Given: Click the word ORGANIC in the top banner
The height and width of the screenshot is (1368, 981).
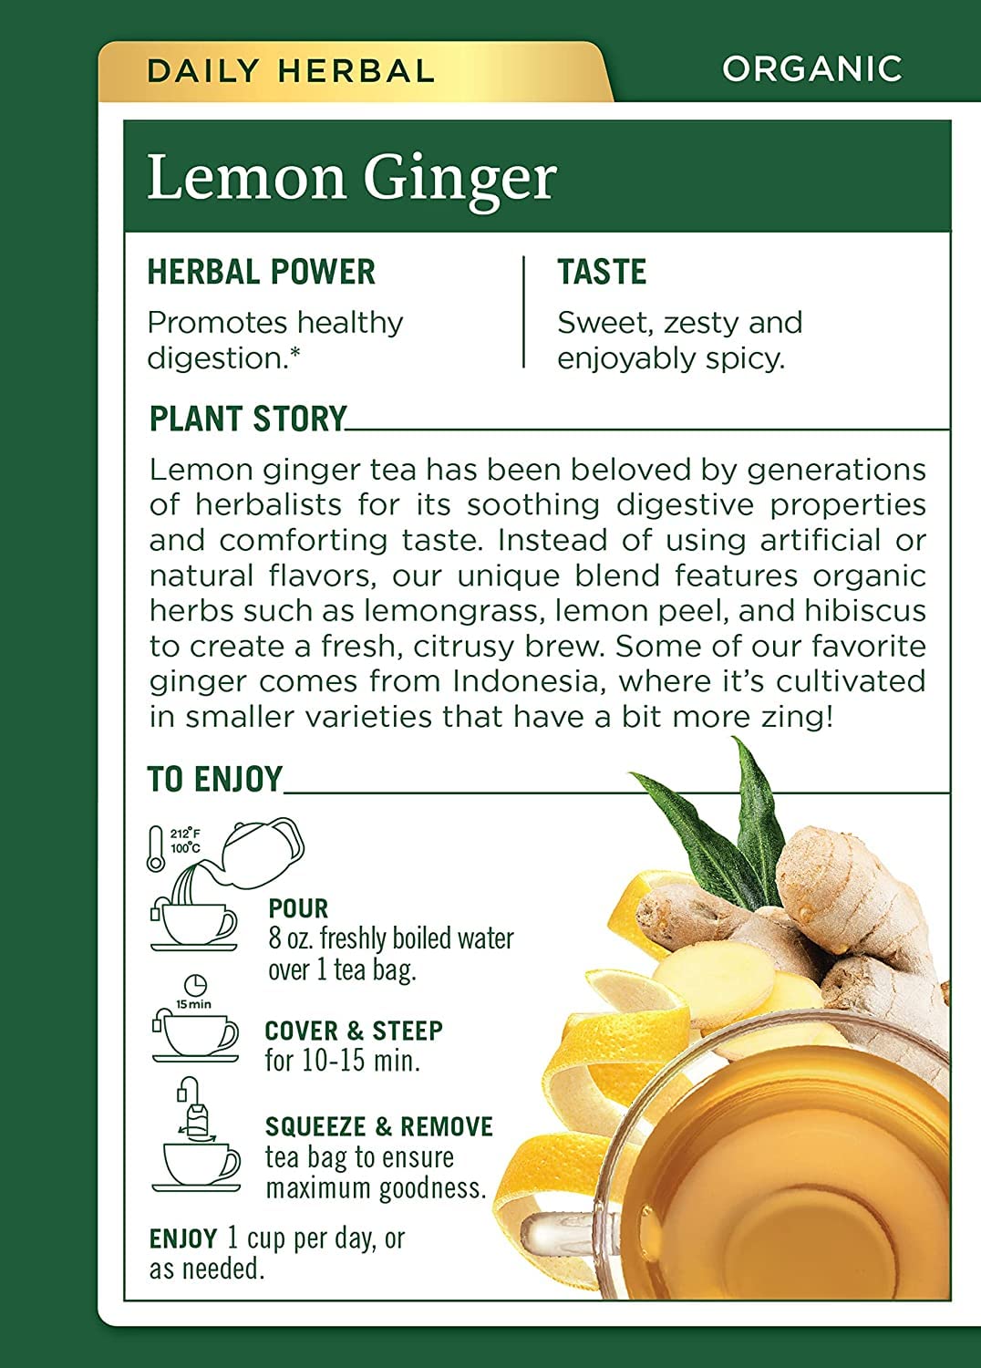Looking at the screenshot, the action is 811,68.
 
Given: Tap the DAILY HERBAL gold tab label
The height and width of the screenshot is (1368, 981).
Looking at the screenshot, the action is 291,71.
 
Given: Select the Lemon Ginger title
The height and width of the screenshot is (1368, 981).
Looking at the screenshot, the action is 352,178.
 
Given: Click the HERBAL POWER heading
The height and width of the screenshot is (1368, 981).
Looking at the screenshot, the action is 262,272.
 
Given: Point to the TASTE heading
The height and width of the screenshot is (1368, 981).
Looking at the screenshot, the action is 602,272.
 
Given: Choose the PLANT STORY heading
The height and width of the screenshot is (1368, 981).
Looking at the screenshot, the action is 248,419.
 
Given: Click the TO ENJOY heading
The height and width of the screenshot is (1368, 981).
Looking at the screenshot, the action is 215,779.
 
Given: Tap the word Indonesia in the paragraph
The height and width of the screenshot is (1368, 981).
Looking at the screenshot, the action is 530,681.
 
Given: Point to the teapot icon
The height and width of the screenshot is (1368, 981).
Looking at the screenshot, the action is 262,853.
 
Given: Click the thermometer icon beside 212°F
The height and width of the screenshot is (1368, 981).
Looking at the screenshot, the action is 156,848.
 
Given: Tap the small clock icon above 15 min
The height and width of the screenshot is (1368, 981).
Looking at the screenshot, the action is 195,984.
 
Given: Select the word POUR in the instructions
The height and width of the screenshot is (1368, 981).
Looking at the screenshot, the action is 298,908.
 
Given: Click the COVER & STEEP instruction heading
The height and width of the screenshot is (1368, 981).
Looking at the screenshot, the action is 354,1031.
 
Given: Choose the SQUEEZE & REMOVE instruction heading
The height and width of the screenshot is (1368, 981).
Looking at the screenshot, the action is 378,1126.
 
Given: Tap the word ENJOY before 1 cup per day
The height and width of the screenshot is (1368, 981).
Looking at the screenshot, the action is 183,1239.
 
